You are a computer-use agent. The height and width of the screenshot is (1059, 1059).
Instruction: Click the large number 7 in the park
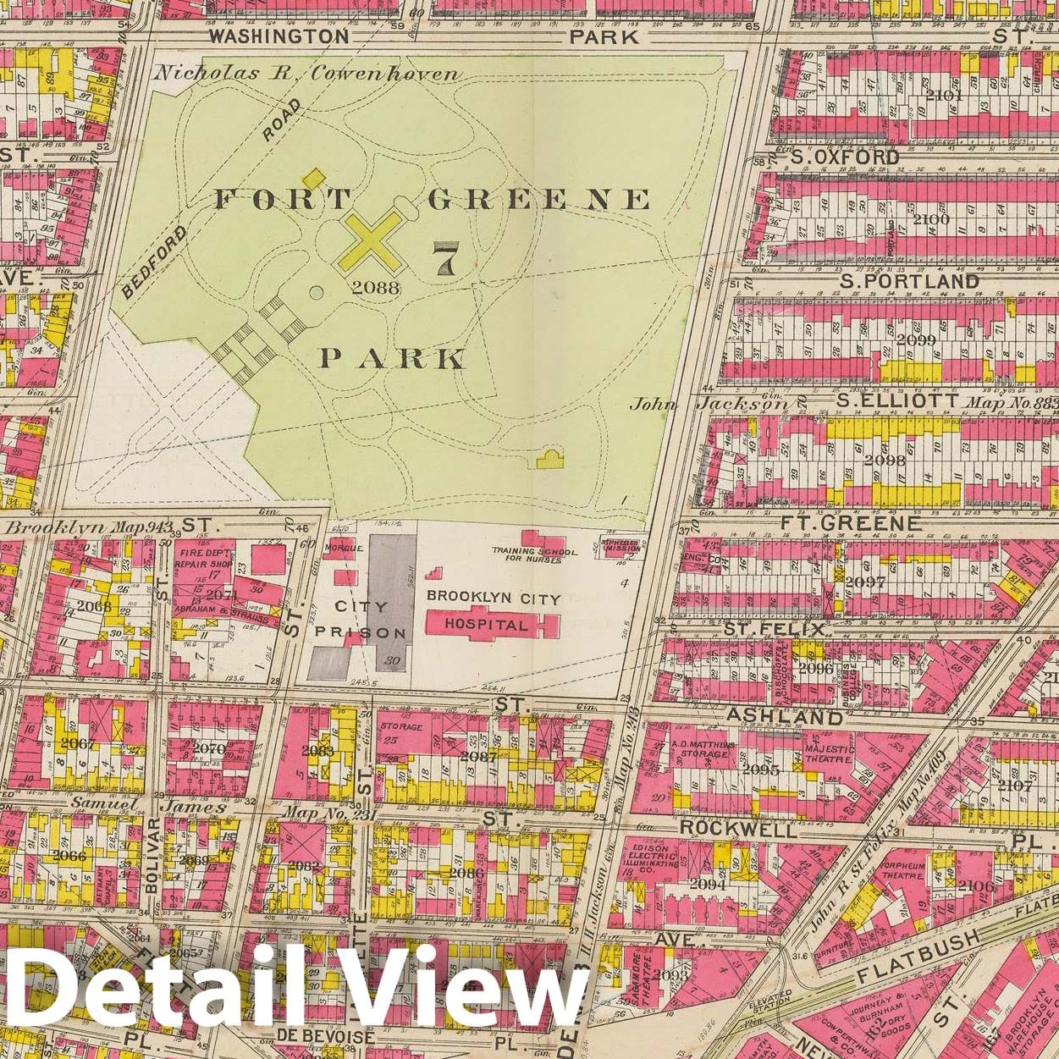tap(444, 259)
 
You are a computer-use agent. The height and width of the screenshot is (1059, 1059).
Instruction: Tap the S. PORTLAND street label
tap(908, 280)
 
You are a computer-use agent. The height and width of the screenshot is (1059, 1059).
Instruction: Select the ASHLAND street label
tap(784, 717)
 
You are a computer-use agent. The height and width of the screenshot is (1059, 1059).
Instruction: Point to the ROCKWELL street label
tap(738, 828)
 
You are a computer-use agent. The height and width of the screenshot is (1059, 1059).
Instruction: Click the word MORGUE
tap(348, 548)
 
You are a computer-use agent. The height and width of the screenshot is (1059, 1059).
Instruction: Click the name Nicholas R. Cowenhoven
tap(261, 73)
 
